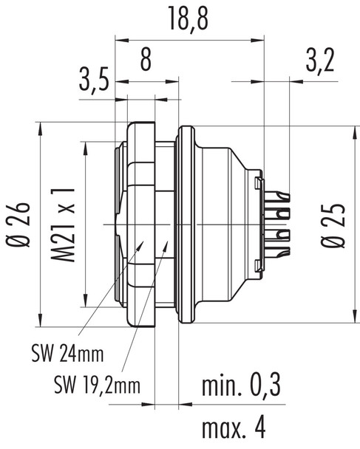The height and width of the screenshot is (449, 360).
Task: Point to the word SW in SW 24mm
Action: [41, 353]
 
